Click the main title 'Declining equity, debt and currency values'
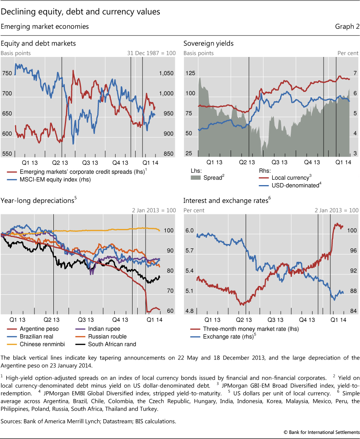point(80,12)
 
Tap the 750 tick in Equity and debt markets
point(7,74)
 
